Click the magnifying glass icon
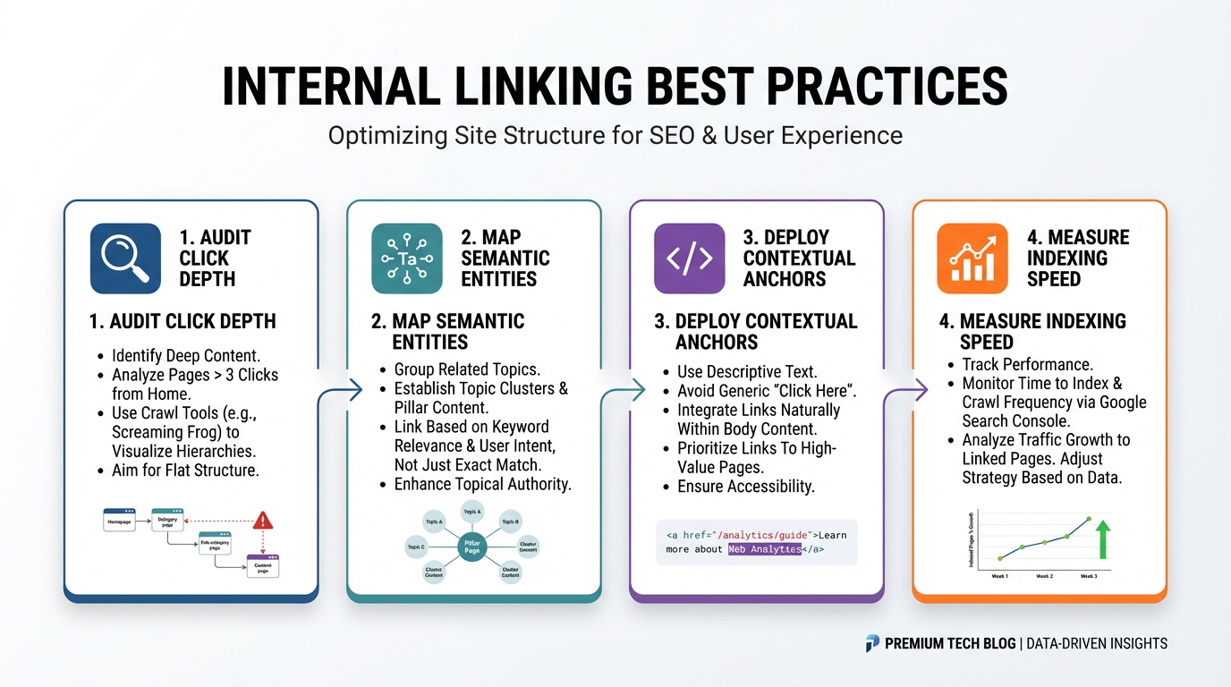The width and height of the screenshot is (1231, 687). pos(125,259)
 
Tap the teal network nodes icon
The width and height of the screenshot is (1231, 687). pos(407,259)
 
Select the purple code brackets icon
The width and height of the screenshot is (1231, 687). pos(690,259)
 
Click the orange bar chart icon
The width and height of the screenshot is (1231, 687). pos(972,259)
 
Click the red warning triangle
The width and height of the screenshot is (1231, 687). pos(262,520)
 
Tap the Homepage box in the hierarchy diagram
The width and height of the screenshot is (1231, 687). pos(119,521)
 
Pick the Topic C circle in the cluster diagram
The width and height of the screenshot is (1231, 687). pos(417,546)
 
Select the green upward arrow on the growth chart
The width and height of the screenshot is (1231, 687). pos(1103,539)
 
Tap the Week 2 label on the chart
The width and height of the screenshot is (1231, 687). pos(1043,577)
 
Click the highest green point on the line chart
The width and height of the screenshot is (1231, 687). pos(1089,518)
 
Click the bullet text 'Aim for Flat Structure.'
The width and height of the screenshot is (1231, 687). pos(185,470)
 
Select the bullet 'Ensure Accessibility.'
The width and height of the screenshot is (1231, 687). pos(746,487)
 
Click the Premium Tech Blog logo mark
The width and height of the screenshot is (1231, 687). pos(872,643)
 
